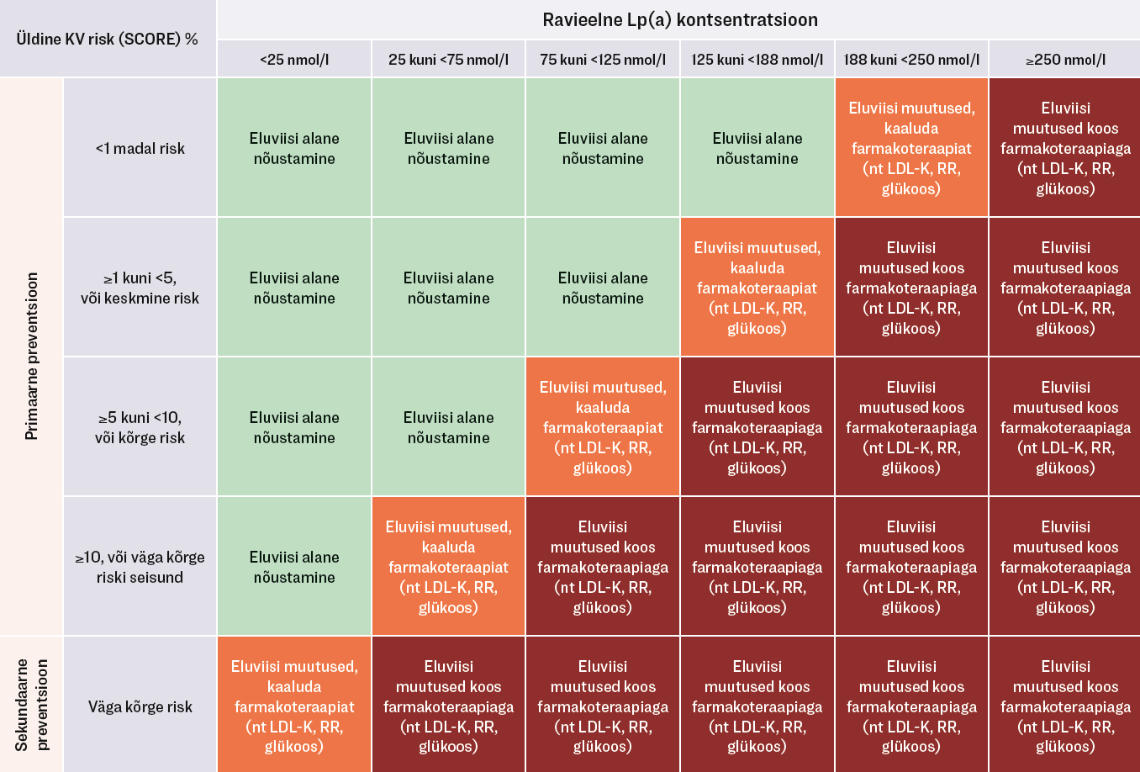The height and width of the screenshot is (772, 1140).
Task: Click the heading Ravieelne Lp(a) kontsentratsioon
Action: pos(679,19)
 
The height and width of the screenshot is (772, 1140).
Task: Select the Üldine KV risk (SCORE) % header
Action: pos(107,39)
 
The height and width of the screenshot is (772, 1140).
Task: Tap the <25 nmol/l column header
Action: pos(294,60)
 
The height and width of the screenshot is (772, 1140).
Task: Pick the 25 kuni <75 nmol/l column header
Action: pos(448,60)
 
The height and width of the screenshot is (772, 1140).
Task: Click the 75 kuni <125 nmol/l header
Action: pos(603,60)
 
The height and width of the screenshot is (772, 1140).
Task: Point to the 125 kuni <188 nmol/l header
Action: pos(757,60)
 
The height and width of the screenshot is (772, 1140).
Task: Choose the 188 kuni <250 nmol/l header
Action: pos(911,60)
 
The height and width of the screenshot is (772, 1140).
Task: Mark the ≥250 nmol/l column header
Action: pos(1065,60)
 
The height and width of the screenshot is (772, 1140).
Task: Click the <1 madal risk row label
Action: pos(140,148)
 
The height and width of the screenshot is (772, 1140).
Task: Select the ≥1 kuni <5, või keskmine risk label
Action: pos(140,288)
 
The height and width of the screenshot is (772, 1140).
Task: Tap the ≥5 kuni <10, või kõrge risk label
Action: pos(140,427)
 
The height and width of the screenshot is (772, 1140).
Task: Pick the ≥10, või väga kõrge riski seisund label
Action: pos(140,567)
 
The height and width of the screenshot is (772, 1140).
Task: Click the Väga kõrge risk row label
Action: pos(140,706)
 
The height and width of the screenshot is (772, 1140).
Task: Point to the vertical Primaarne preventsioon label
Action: pos(32,356)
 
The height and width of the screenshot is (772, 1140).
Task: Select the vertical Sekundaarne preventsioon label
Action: pos(32,705)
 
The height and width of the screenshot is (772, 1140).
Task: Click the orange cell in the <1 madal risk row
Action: pos(911,148)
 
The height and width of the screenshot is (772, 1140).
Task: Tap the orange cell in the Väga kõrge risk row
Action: pos(294,706)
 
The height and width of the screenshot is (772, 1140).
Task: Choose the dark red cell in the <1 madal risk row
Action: pos(1065,148)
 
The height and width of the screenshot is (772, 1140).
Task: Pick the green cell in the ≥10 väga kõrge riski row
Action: pos(294,567)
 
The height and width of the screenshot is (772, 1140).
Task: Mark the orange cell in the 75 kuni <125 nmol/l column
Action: pos(603,427)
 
